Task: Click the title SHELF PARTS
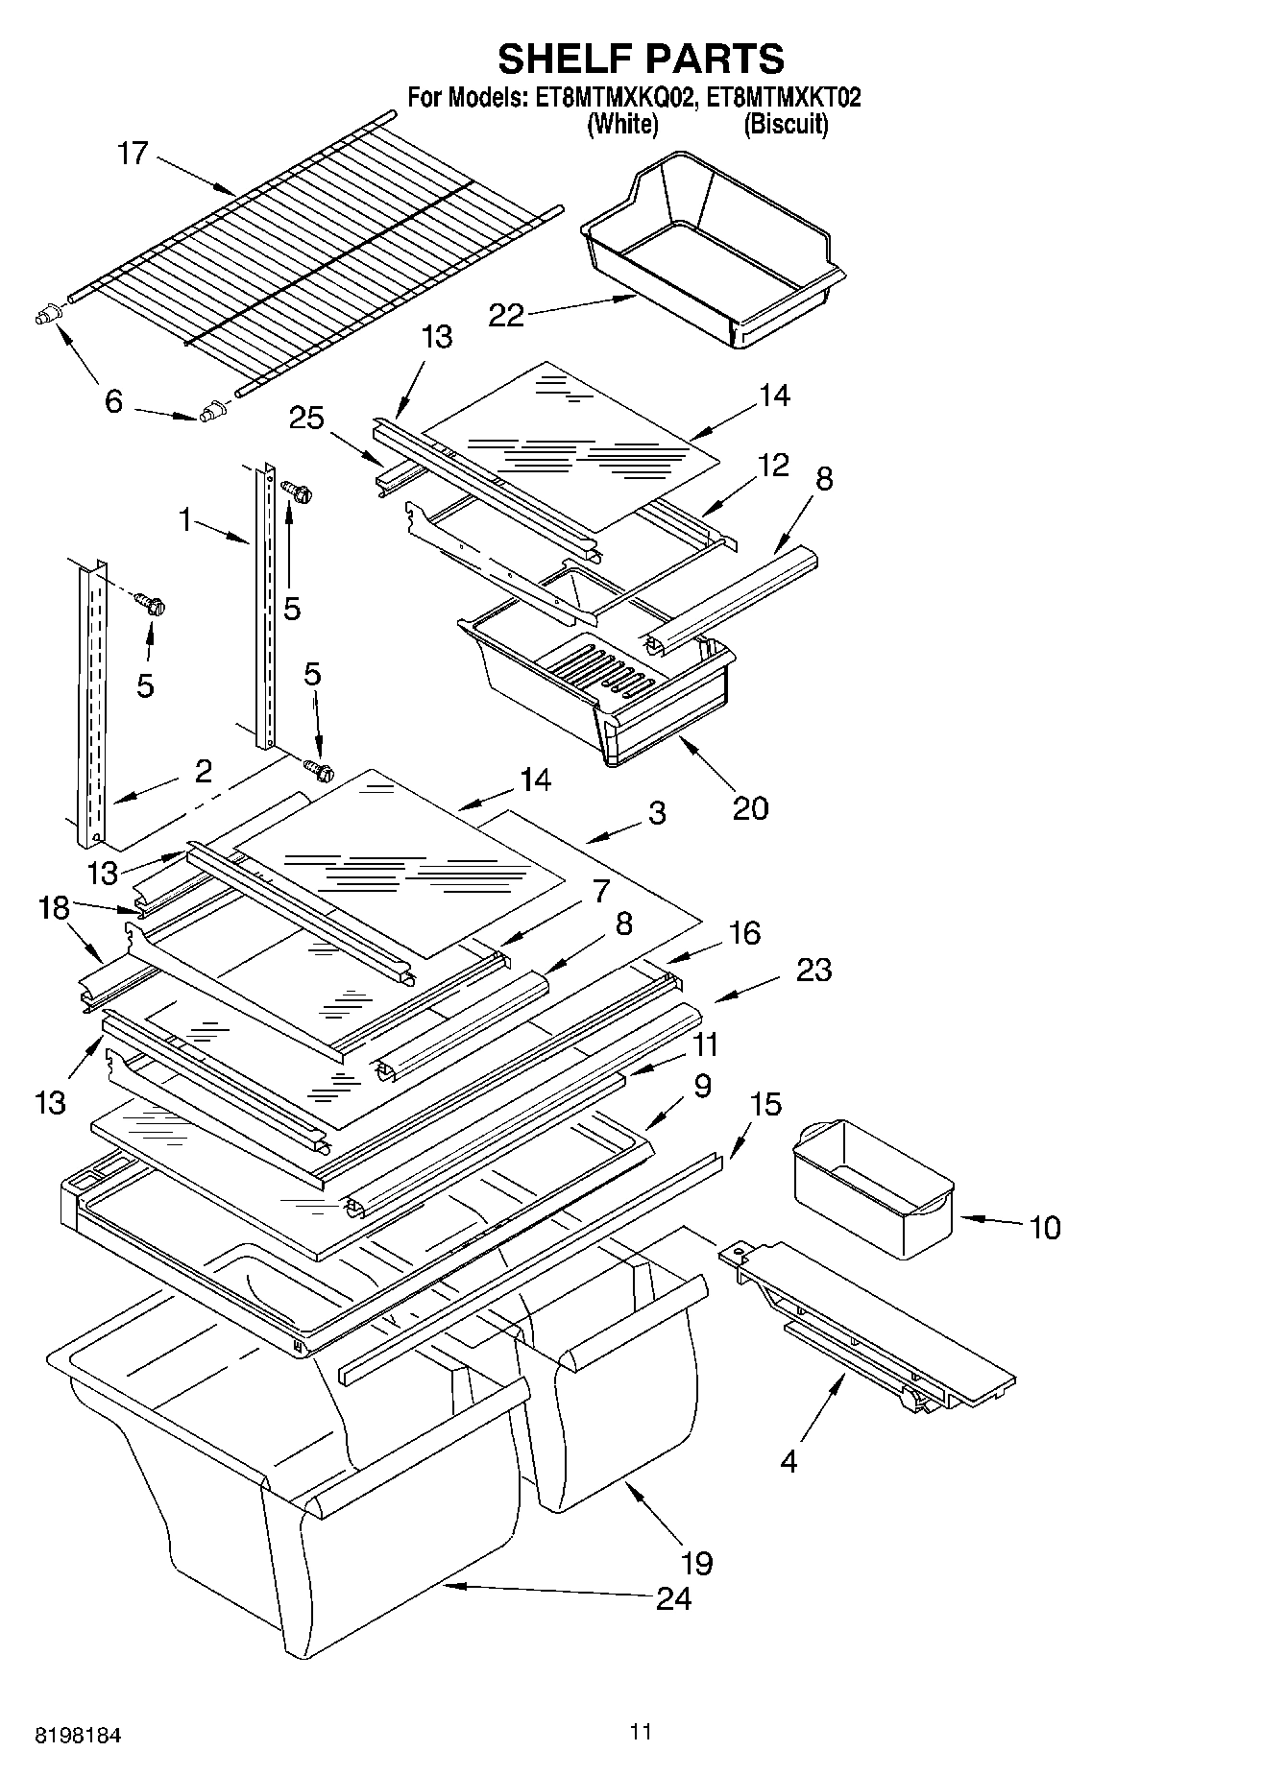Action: [641, 59]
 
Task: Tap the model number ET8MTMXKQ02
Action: [610, 98]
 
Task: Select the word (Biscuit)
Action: [786, 124]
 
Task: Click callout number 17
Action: [133, 154]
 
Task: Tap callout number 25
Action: [305, 419]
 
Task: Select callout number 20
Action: [750, 807]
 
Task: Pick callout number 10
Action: [1044, 1227]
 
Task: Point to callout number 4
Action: [789, 1461]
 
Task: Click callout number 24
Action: [673, 1598]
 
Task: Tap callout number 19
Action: [697, 1563]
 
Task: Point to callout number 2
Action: [203, 771]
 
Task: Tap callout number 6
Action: [113, 400]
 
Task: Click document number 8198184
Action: [79, 1736]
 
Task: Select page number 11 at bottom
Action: [641, 1732]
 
